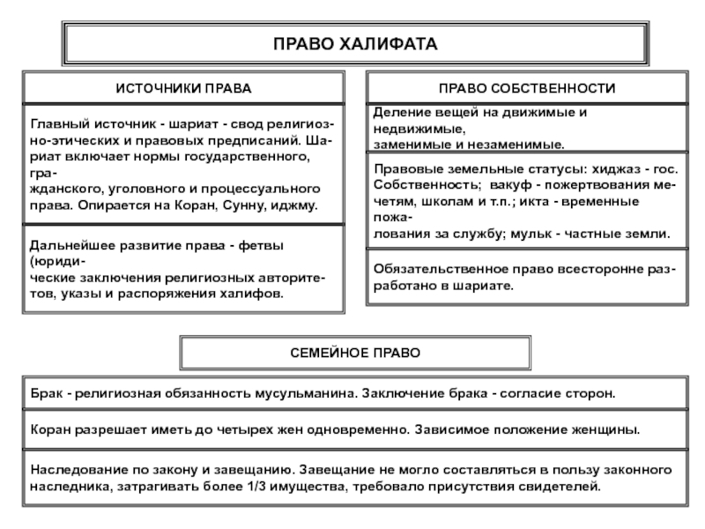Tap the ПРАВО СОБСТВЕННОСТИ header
[x=526, y=89]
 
